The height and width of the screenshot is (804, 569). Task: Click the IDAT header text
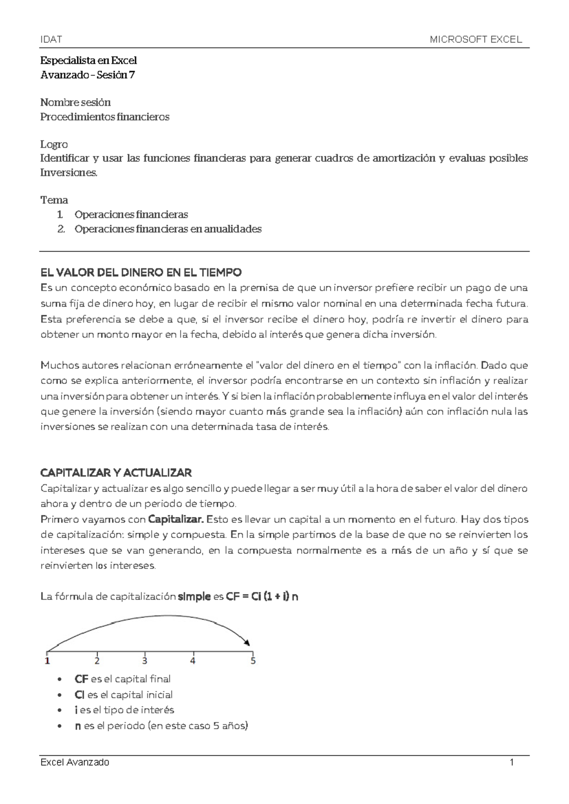coord(51,40)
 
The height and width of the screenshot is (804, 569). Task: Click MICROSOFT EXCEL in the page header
coord(476,40)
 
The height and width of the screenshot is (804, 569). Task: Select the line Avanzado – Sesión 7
coord(88,74)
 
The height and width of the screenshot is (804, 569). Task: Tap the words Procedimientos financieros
coord(105,117)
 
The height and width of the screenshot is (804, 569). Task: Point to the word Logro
coord(54,144)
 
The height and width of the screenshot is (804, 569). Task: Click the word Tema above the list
coord(54,200)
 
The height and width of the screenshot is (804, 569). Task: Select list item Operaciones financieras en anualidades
coord(168,229)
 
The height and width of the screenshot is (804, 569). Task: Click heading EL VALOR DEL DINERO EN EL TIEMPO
coord(141,273)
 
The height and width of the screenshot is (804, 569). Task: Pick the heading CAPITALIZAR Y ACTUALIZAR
coord(116,473)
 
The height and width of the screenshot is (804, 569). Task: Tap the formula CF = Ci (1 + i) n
coord(262,597)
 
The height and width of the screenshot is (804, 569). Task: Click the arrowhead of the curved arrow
coord(247,642)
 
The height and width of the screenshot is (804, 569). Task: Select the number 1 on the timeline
coord(47,660)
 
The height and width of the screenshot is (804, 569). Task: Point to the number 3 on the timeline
coord(145,660)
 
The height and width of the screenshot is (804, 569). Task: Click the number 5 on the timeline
coord(253,660)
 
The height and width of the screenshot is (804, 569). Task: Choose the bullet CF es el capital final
coord(122,679)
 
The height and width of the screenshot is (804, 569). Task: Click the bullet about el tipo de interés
coord(124,710)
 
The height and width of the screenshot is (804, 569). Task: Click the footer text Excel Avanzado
coord(75,762)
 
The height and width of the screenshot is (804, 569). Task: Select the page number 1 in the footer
coord(512,762)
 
